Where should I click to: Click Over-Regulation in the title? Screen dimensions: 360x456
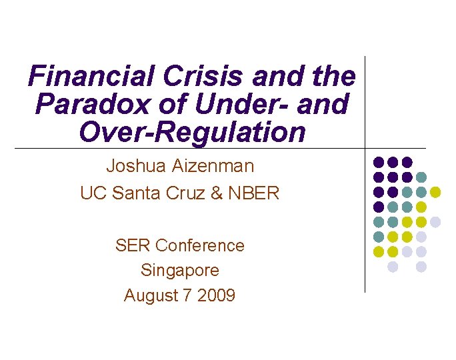(x=192, y=133)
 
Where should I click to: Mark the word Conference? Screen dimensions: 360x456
(x=199, y=245)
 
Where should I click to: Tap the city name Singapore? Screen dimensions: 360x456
(x=179, y=270)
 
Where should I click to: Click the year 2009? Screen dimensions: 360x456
(x=216, y=295)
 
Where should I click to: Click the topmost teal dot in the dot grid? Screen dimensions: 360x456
(x=421, y=177)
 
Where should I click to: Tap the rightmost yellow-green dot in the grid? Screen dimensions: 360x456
(x=436, y=192)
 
